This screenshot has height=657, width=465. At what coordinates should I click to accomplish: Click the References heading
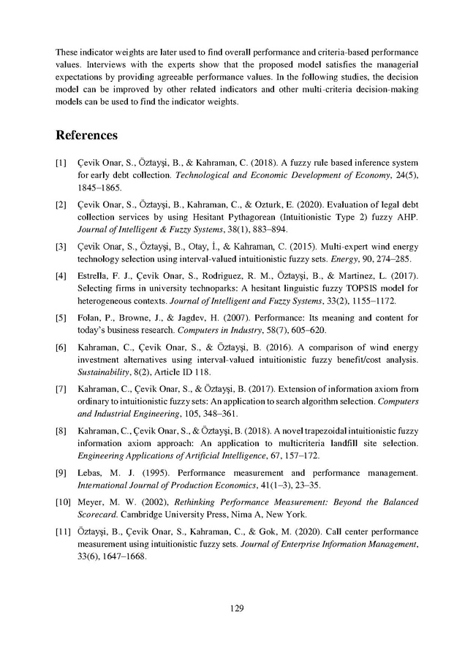tap(87, 136)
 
